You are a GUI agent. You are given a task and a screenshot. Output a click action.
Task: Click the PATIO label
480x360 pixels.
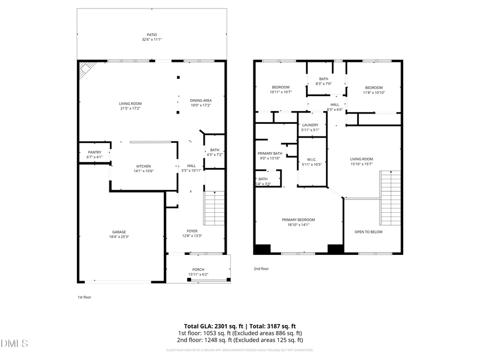[x=152, y=35]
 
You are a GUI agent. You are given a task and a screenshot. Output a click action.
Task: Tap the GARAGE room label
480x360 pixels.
[x=119, y=232]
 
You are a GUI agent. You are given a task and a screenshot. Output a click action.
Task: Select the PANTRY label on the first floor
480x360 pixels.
[x=94, y=152]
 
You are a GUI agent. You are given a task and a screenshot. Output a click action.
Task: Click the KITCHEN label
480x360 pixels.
[x=143, y=166]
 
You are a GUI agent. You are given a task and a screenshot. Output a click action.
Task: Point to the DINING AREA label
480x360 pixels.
[x=201, y=100]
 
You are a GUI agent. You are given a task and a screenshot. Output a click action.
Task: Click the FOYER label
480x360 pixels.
[x=192, y=231]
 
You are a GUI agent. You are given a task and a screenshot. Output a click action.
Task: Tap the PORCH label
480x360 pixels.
[x=198, y=269]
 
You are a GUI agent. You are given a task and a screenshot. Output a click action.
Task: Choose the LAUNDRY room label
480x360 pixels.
[x=310, y=125]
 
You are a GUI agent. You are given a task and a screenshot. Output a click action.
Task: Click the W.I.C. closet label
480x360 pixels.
[x=312, y=159]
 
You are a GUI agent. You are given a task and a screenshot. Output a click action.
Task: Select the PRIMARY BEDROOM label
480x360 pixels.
[x=298, y=220]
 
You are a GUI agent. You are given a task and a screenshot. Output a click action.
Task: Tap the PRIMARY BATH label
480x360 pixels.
[x=269, y=153]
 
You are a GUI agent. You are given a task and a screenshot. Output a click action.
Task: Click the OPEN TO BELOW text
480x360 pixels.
[x=369, y=232]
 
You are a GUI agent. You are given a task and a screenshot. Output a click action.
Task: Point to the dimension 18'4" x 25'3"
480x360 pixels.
[x=119, y=237]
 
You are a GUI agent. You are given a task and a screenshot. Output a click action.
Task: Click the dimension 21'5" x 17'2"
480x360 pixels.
[x=130, y=108]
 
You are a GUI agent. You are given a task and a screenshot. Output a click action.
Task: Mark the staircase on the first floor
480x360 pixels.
[x=215, y=208]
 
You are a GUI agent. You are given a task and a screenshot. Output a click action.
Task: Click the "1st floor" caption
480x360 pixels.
[x=84, y=297]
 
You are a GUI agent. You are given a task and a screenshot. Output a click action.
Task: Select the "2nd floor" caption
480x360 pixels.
[x=261, y=269]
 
